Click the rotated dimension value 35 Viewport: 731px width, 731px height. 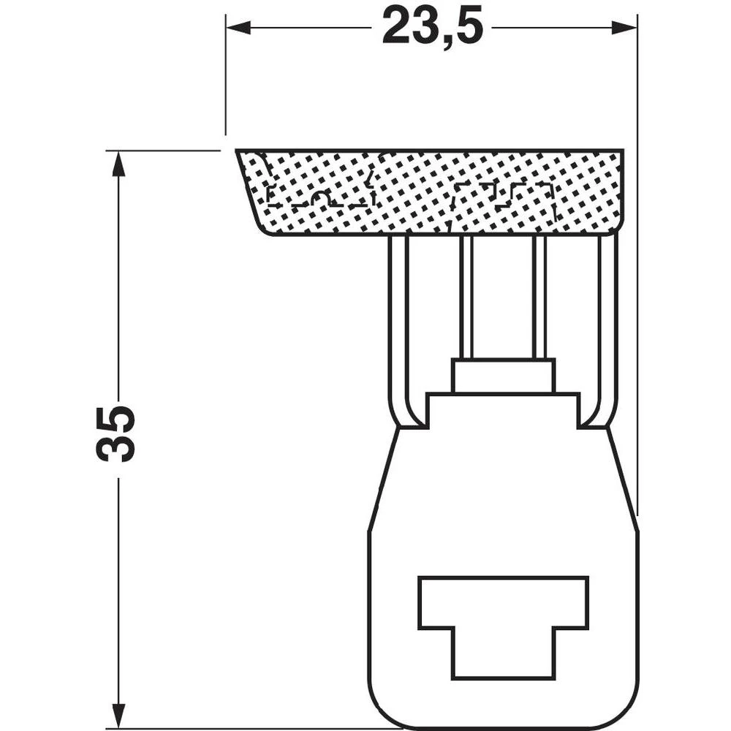tap(115, 433)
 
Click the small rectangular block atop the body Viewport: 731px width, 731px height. tap(503, 376)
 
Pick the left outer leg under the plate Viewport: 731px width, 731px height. tap(398, 322)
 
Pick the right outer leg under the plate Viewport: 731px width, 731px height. tap(608, 322)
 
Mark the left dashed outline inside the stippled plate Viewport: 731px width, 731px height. tap(322, 196)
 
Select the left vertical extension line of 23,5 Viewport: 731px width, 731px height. tap(226, 73)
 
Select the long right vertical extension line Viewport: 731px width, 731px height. tap(637, 292)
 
